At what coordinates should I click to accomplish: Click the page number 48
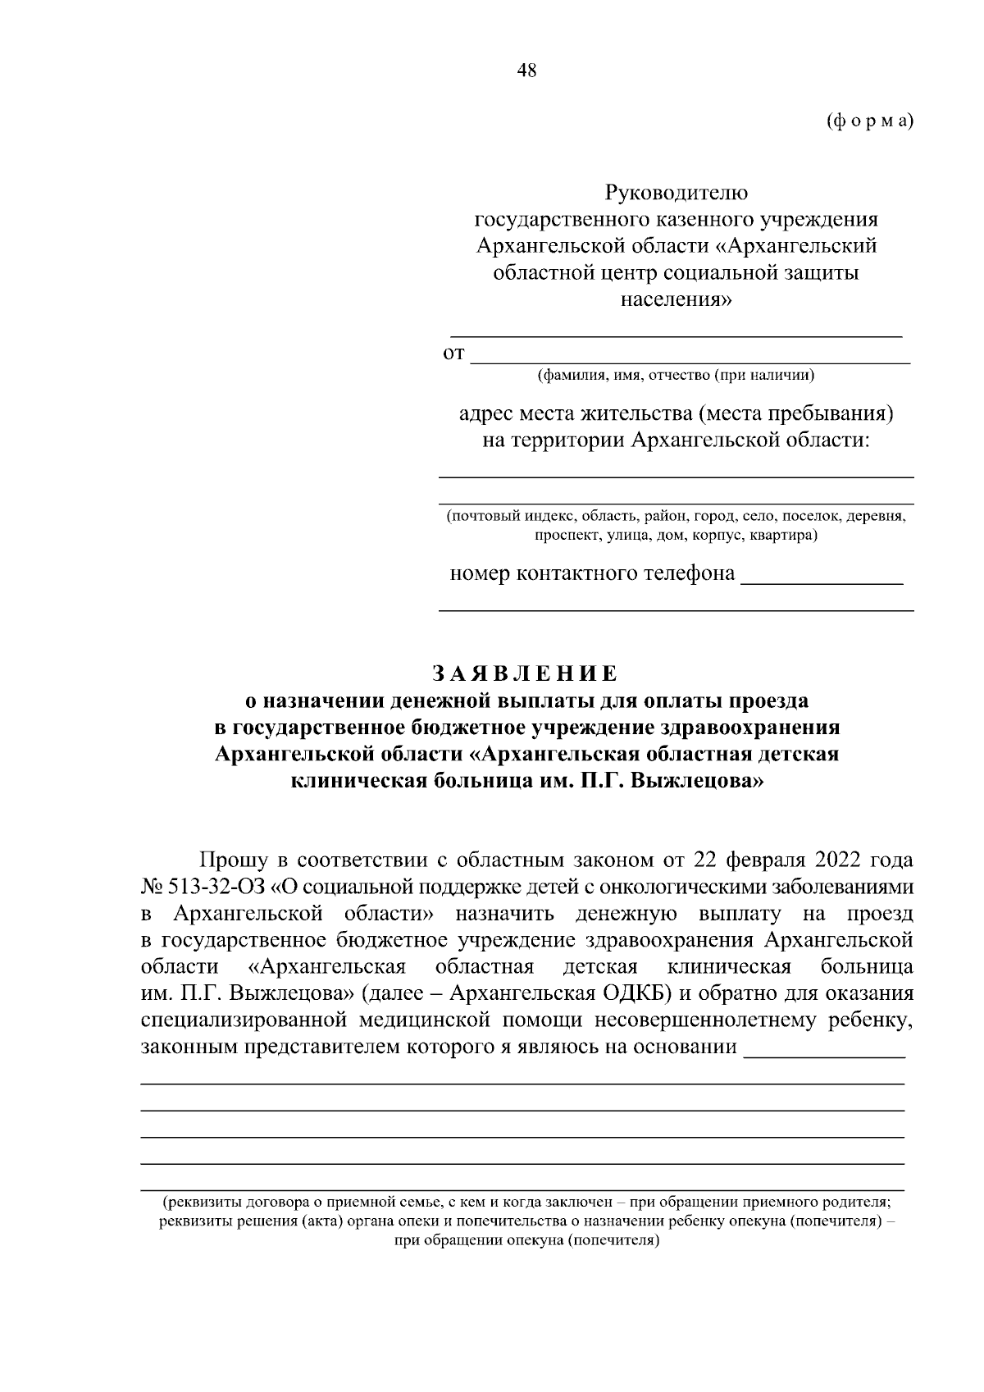click(526, 71)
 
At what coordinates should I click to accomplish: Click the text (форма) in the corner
click(869, 121)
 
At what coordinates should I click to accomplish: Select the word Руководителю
click(676, 194)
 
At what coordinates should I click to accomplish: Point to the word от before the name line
click(453, 354)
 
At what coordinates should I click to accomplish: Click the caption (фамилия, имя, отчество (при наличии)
click(676, 377)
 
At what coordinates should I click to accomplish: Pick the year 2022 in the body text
click(840, 860)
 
